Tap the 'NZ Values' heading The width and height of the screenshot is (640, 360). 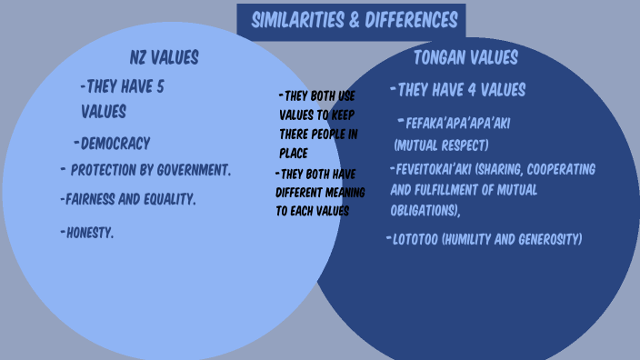point(164,57)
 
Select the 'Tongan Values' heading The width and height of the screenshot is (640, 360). point(465,58)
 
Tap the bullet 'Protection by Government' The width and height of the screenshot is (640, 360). point(150,170)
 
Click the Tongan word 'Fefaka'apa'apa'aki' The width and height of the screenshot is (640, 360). point(458,123)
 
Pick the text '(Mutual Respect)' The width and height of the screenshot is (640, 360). point(441,145)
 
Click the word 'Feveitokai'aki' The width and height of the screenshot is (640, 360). point(433,169)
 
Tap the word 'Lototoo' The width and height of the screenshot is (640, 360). point(414,239)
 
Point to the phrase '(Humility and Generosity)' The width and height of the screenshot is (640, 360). point(511,239)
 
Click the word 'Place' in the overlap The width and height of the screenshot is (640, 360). point(294,154)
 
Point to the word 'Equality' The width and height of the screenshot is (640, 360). point(170,198)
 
